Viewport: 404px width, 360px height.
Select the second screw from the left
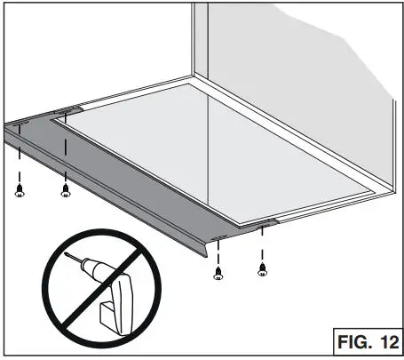[x=66, y=188]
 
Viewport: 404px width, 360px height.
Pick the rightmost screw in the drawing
[x=261, y=268]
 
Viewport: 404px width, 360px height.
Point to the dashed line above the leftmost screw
[x=19, y=160]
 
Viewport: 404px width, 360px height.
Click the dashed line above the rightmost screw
[x=261, y=244]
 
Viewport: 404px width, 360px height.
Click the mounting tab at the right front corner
[x=267, y=222]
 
